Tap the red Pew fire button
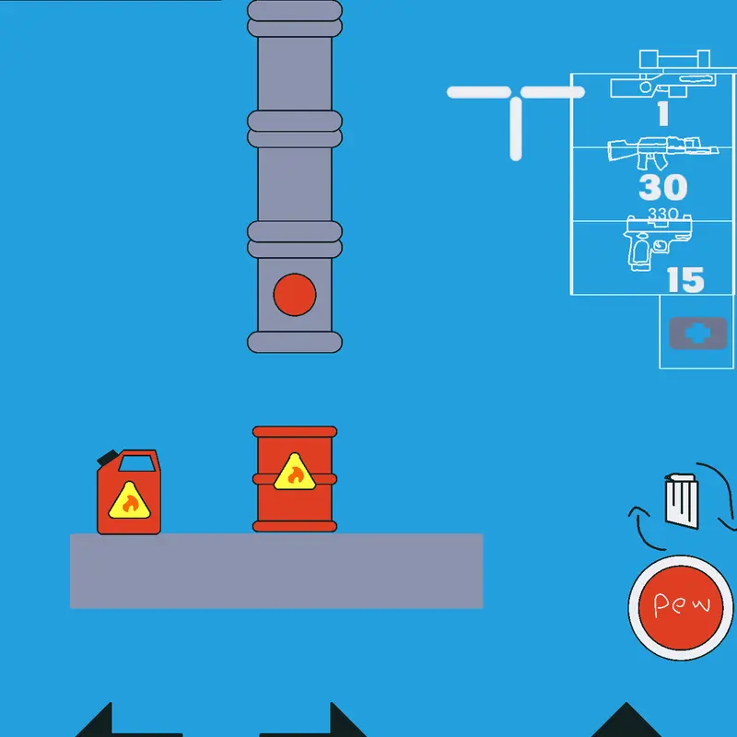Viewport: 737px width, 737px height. (680, 608)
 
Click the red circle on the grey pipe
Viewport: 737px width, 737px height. (295, 295)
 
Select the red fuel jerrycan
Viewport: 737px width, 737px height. (128, 492)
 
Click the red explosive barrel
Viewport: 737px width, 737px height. (295, 479)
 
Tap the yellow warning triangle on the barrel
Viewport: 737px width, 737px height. (295, 472)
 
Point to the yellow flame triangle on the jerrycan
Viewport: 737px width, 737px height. (129, 501)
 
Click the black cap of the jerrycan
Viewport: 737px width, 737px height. (108, 457)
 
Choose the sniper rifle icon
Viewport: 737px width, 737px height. (663, 75)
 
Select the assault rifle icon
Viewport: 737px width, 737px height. (662, 152)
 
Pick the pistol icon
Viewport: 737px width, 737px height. (657, 243)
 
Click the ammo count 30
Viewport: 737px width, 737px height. (662, 188)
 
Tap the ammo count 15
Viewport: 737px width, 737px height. (685, 280)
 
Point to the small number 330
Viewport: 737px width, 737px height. (662, 214)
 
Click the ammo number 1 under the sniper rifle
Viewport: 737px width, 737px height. (663, 114)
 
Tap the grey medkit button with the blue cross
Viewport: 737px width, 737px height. (697, 333)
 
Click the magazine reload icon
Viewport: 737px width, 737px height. (682, 500)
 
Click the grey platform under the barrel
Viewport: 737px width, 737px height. (276, 570)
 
